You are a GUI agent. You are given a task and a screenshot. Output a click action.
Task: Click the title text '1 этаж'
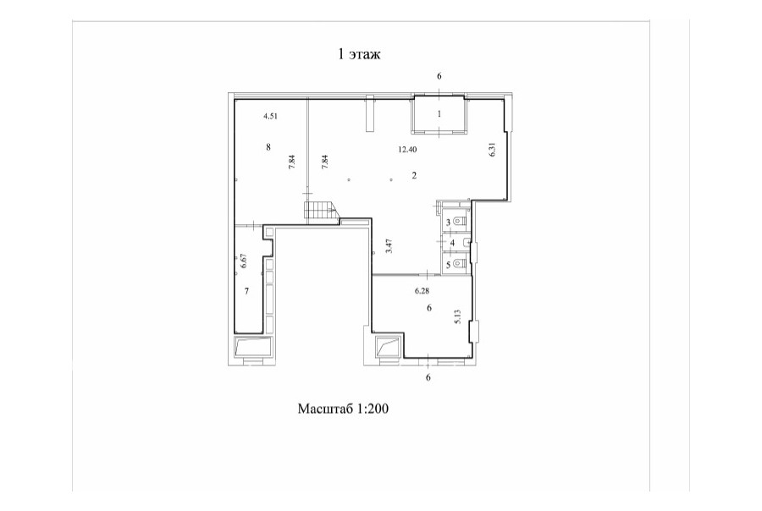[x=359, y=54]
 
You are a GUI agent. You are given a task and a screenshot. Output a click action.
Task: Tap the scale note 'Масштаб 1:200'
[x=343, y=409]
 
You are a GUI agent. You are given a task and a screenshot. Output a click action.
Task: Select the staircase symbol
[x=320, y=212]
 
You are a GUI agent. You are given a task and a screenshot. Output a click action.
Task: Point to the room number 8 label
[x=268, y=147]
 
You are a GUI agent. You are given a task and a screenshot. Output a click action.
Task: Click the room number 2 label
[x=414, y=175]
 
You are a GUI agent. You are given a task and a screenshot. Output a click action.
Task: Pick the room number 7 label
[x=247, y=291]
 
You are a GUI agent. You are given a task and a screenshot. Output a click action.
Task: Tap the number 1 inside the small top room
[x=439, y=114]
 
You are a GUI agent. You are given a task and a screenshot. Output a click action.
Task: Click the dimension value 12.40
[x=407, y=150]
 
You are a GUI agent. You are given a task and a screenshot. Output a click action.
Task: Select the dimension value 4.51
[x=270, y=116]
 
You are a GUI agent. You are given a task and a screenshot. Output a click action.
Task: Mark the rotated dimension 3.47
[x=389, y=246]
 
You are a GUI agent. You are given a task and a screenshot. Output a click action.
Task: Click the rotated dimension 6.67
[x=245, y=262]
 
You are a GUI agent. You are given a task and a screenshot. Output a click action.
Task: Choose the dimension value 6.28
[x=422, y=291]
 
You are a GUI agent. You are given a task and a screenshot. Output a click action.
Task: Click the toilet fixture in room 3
[x=460, y=222]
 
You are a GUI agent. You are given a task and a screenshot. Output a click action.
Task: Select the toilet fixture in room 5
[x=460, y=264]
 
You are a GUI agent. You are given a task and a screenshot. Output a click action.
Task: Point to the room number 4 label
[x=452, y=243]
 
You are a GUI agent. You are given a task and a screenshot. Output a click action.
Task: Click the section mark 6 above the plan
[x=439, y=76]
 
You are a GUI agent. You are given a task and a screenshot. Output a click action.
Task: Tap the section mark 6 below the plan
[x=428, y=377]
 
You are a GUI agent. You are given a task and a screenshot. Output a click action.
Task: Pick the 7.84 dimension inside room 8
[x=291, y=162]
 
